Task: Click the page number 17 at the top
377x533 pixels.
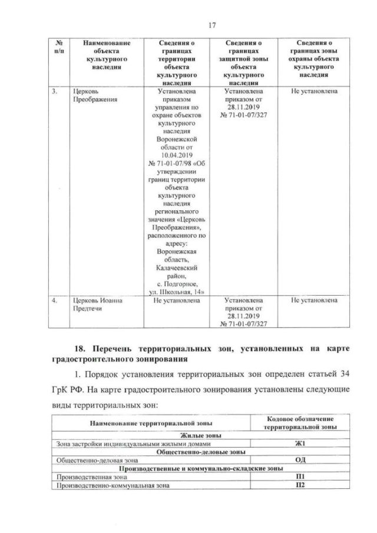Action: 188,24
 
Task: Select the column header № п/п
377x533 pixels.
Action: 59,47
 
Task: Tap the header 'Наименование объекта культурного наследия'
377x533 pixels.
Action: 106,55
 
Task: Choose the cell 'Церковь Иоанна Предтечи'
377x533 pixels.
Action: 94,304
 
